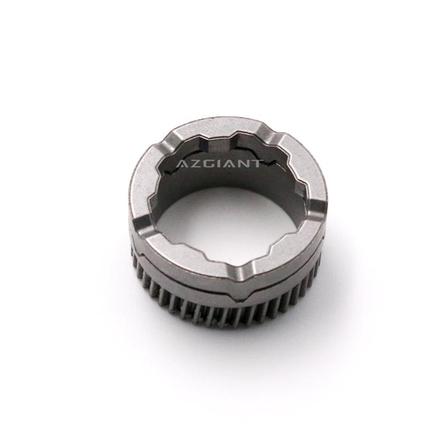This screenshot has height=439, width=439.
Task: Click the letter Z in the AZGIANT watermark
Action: click(195, 164)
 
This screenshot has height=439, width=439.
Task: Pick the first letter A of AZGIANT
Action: click(182, 164)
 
